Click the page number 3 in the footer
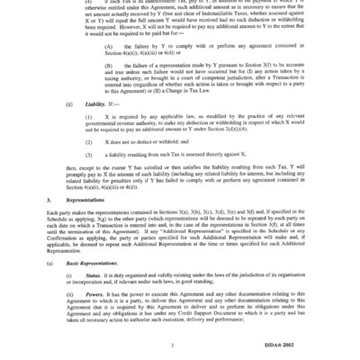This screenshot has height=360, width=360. point(182,345)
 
